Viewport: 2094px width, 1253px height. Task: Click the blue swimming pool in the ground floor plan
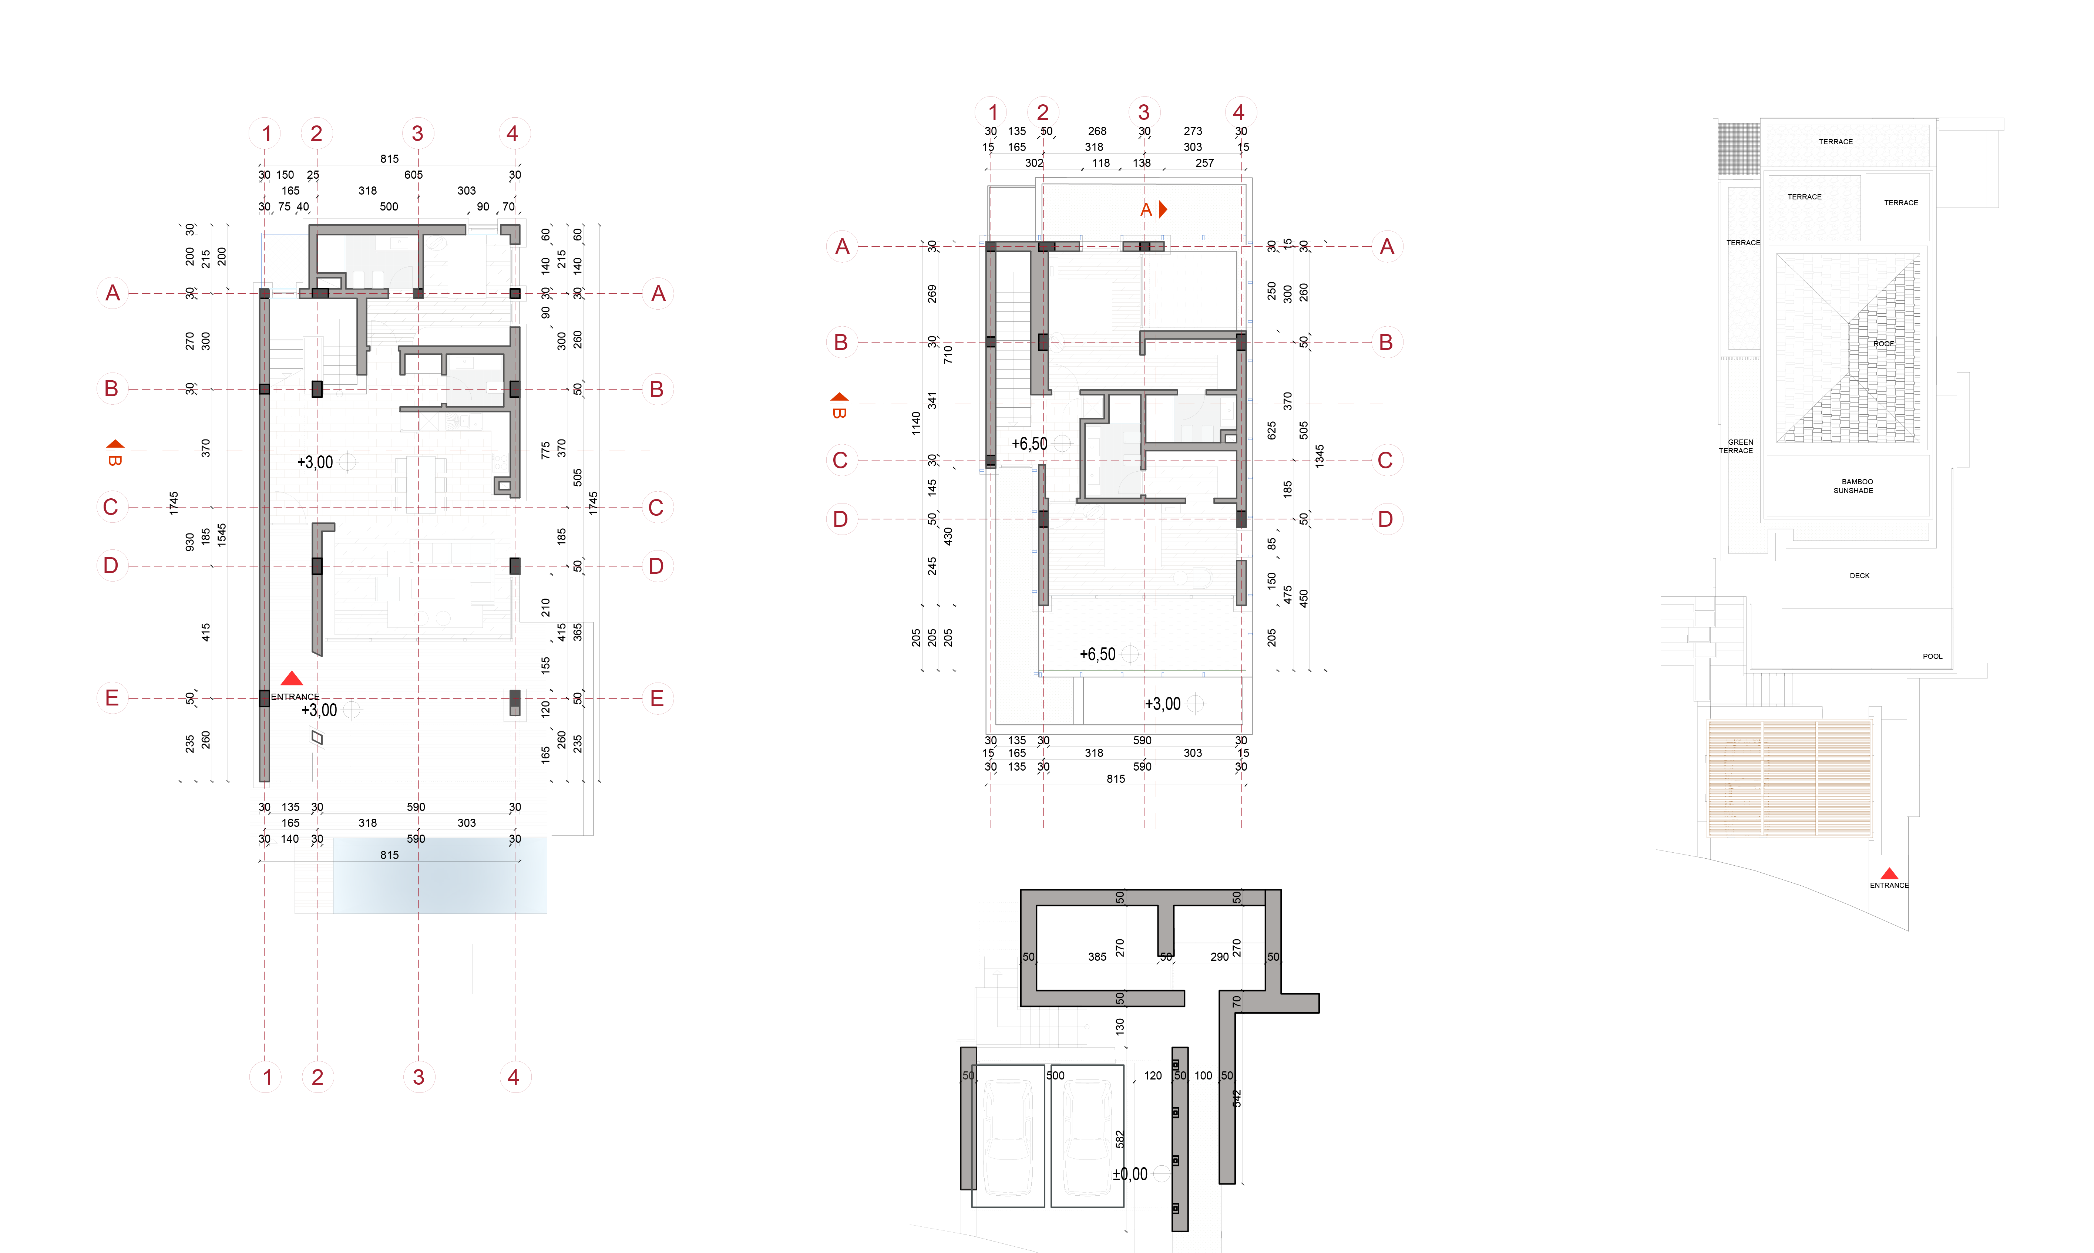(439, 876)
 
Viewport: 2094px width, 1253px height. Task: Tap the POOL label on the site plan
(1932, 656)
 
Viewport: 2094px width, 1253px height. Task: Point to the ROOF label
(1883, 344)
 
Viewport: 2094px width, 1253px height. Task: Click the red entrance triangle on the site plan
(1889, 874)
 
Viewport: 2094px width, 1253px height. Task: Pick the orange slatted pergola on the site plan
(1788, 777)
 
